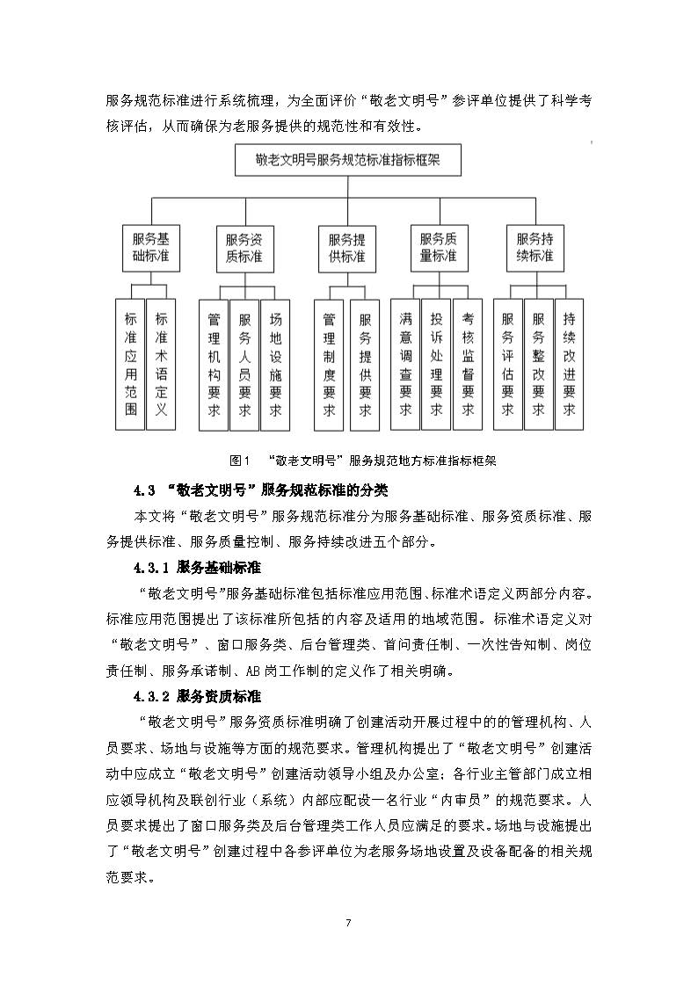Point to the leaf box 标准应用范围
[130, 364]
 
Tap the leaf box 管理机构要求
[214, 364]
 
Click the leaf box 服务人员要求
[244, 364]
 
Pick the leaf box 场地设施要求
[275, 364]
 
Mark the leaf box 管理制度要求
[329, 364]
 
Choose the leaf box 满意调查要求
[405, 364]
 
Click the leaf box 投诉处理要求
[436, 364]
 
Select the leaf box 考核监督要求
[467, 364]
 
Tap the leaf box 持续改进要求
[569, 364]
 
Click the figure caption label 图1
[239, 460]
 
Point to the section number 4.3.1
[152, 567]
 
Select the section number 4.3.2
[152, 697]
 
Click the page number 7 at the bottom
[348, 922]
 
